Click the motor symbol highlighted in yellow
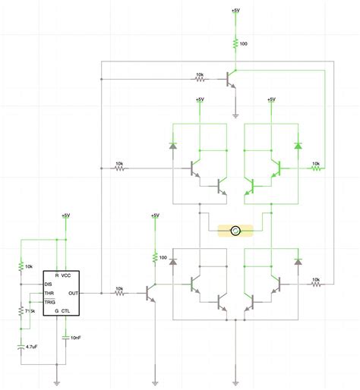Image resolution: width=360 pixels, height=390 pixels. coord(235,230)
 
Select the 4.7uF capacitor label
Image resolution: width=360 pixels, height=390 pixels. coord(33,346)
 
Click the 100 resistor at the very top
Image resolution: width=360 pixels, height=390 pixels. coord(235,43)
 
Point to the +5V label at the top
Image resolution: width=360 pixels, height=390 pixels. coord(235,11)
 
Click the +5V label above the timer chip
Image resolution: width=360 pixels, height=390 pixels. coord(65,215)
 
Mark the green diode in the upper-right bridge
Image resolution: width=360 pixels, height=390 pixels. coord(297,145)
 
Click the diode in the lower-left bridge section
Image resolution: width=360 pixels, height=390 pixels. coord(172,262)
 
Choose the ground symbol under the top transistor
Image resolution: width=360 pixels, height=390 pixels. coord(235,115)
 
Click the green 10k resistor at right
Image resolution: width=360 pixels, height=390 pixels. coord(315,169)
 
